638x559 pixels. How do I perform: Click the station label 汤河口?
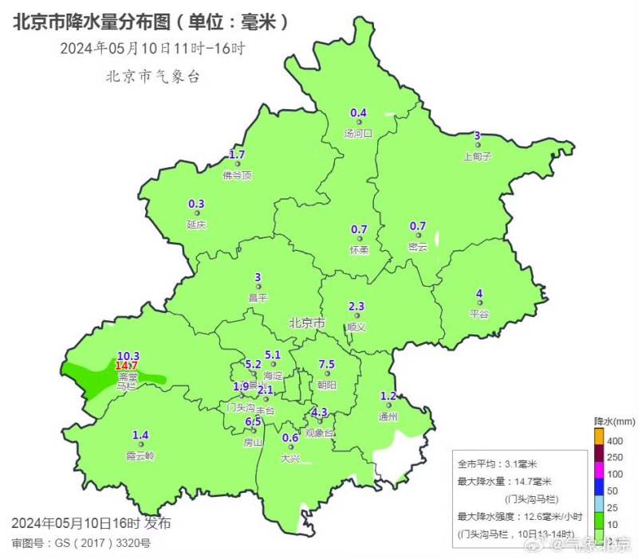tap(358, 134)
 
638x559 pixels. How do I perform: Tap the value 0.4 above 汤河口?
tap(359, 112)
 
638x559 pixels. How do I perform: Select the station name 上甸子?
tap(477, 157)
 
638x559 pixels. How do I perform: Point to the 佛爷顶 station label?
tap(237, 175)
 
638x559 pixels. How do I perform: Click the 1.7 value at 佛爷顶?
tap(237, 154)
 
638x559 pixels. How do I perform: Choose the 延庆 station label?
tap(196, 225)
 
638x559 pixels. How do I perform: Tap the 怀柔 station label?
tap(359, 250)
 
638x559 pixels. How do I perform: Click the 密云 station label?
tap(418, 248)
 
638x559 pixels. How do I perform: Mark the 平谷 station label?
tap(478, 314)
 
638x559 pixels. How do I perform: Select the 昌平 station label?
tap(258, 298)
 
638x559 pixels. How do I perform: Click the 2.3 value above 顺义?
tap(356, 307)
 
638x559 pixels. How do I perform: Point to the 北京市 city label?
tap(307, 323)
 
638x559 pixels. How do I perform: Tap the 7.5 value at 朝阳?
tap(327, 365)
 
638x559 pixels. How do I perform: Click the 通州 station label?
tap(388, 416)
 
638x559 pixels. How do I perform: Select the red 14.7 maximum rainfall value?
tap(127, 365)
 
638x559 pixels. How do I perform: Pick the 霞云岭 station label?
tap(140, 456)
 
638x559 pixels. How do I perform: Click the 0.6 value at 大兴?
tap(290, 438)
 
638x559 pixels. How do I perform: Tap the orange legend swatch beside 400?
tap(599, 437)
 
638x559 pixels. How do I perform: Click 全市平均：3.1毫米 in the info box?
tap(497, 463)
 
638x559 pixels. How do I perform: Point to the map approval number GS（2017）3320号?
tap(81, 543)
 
